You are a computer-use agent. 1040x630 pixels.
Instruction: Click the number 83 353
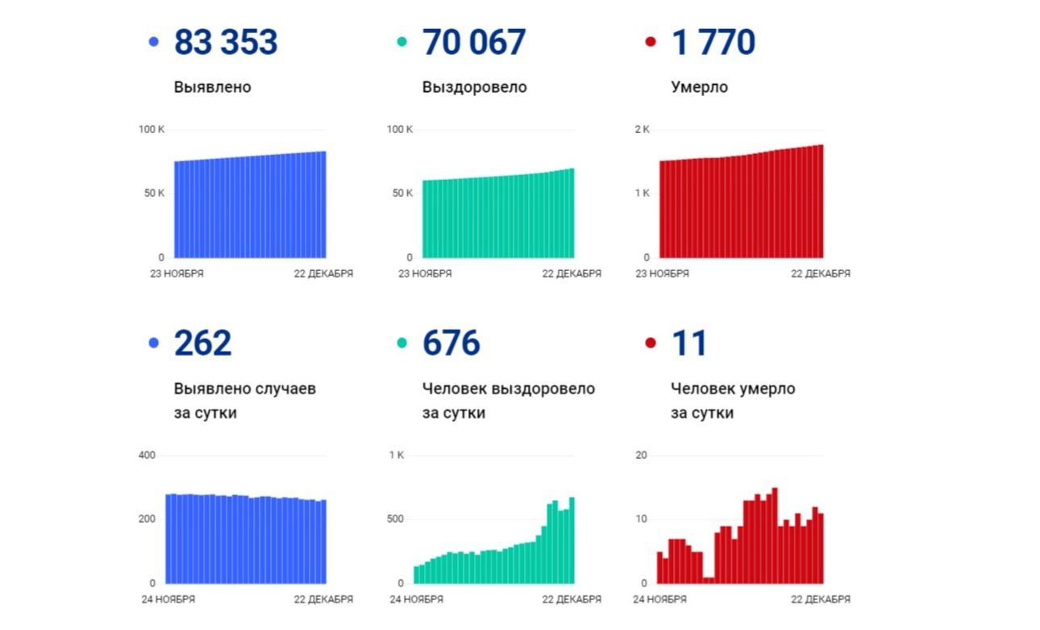[226, 43]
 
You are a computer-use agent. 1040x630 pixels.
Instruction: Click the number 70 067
[474, 43]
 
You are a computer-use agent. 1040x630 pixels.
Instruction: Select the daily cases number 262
[202, 344]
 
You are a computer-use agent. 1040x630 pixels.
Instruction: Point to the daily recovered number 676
[451, 344]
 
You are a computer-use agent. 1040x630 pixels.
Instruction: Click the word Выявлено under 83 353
[212, 87]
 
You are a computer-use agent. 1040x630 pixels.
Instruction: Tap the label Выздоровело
[474, 87]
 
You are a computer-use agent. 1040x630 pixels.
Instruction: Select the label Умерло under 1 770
[699, 87]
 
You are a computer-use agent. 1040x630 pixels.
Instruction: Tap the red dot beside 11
[651, 343]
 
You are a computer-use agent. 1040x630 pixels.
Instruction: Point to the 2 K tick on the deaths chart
[642, 130]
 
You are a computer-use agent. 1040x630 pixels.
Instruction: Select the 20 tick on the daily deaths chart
[642, 456]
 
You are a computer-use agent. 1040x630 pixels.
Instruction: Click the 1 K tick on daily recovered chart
[397, 456]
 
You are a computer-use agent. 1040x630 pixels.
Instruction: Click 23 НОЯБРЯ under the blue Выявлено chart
[177, 273]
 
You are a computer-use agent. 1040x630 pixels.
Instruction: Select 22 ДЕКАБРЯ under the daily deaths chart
[820, 599]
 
